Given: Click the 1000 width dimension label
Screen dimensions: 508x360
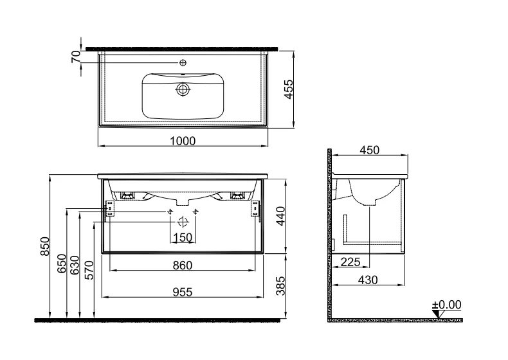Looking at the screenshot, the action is pos(183,141).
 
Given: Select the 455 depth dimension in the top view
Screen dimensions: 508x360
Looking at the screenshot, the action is pos(288,89).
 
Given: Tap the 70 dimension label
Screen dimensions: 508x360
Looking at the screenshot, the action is pos(76,57).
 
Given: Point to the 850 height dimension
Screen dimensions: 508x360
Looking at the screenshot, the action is pos(45,246).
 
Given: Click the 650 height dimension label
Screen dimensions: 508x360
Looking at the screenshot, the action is pos(62,264).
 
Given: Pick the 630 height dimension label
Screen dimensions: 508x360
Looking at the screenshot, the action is pos(75,265).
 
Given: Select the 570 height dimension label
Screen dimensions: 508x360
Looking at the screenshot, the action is pos(89,270).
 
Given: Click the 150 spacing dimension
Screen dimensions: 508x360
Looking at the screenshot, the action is pos(183,238).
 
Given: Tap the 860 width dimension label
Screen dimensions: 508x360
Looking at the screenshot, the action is pos(183,265).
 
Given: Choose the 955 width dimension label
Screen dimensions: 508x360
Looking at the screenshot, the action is pos(183,292).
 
